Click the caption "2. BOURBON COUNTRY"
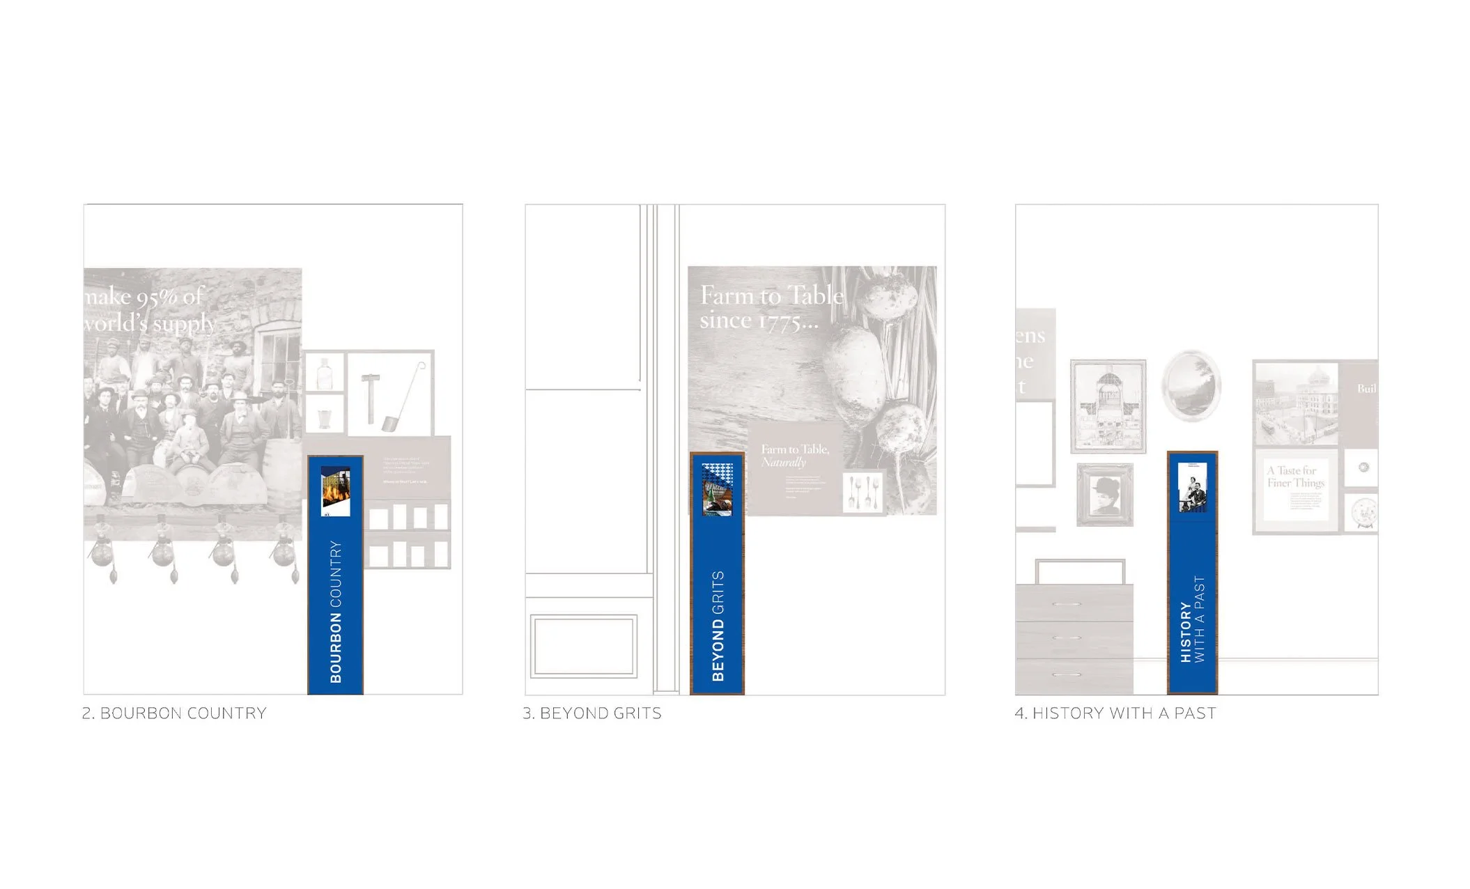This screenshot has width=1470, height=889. click(x=174, y=713)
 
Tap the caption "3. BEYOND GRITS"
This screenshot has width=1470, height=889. click(x=592, y=713)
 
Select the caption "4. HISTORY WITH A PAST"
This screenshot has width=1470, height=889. click(x=1115, y=713)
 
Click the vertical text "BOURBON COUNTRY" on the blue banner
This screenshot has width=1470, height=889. click(x=336, y=612)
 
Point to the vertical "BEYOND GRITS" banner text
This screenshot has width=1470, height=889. click(x=718, y=626)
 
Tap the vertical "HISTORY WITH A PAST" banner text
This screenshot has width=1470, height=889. click(x=1192, y=619)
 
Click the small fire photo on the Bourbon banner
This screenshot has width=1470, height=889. click(x=335, y=492)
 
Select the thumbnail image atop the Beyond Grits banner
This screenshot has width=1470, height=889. click(x=717, y=489)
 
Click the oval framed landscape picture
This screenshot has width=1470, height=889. click(x=1191, y=385)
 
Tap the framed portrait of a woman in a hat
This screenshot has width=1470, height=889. click(x=1105, y=495)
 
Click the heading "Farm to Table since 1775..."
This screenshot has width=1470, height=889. click(x=771, y=307)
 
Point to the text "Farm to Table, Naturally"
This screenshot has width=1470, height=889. click(x=794, y=456)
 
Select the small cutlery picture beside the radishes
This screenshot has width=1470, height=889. click(x=863, y=492)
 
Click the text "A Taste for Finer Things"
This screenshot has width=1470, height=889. click(x=1295, y=477)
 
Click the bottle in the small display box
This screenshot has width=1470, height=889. click(x=325, y=373)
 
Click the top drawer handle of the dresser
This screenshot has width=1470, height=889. click(x=1066, y=604)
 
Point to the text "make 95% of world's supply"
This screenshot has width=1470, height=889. click(x=149, y=310)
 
